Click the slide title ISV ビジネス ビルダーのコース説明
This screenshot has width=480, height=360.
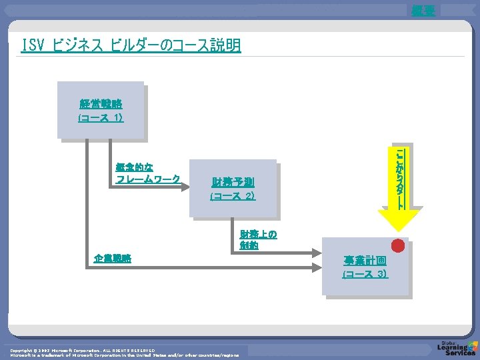click(x=131, y=46)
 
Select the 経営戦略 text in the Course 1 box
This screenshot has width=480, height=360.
click(x=101, y=104)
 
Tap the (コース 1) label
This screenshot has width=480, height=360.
click(x=101, y=117)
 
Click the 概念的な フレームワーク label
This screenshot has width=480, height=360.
click(x=147, y=173)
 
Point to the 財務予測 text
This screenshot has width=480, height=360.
click(x=233, y=183)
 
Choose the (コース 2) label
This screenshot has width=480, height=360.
click(x=233, y=196)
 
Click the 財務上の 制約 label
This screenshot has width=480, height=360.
click(x=259, y=239)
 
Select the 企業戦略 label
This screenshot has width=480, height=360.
click(x=113, y=258)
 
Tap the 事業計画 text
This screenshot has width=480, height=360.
click(x=365, y=260)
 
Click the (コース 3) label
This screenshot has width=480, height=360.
click(x=365, y=274)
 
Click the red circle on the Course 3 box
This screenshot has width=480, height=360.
click(x=398, y=245)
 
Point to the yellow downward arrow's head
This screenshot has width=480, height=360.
click(x=399, y=220)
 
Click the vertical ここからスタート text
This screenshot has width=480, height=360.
click(x=399, y=178)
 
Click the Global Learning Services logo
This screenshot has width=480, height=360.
click(x=456, y=349)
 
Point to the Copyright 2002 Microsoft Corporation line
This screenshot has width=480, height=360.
click(x=83, y=349)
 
